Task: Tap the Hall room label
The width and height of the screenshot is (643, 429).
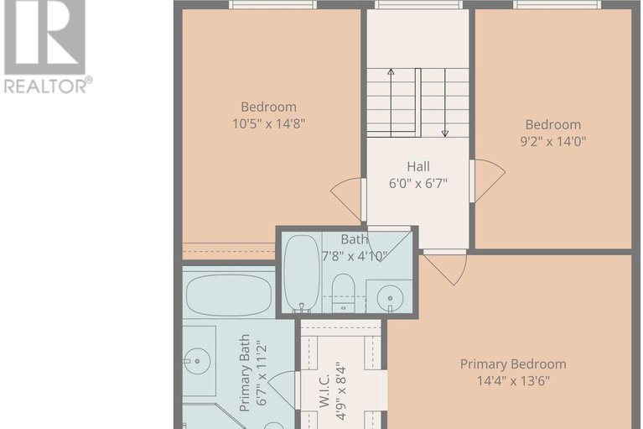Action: tap(418, 166)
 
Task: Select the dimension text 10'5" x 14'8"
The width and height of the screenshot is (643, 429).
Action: tap(268, 123)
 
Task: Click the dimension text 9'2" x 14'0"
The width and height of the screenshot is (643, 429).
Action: tap(553, 142)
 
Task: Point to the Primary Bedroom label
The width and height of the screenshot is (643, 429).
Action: tap(513, 364)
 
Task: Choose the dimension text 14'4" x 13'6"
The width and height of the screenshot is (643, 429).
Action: tap(513, 381)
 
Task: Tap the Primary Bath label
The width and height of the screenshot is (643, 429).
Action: tap(245, 373)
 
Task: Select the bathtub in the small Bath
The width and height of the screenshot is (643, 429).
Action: tap(302, 273)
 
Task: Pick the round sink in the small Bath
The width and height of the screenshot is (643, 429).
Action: tap(390, 298)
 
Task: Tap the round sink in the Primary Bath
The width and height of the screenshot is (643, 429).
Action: tap(197, 361)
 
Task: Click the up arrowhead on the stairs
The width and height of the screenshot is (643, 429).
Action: tap(391, 72)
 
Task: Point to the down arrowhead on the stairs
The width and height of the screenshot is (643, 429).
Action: tap(445, 133)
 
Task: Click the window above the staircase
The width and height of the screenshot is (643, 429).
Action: tap(418, 4)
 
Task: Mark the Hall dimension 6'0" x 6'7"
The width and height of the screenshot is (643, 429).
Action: tap(418, 183)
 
